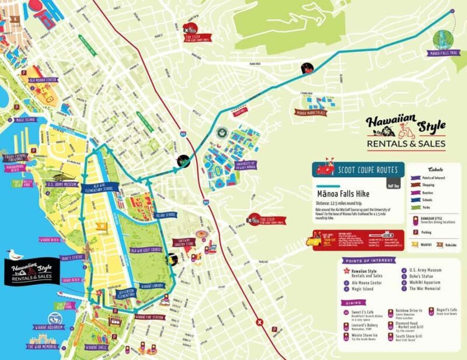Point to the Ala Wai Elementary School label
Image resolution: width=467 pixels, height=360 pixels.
[x=101, y=184]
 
